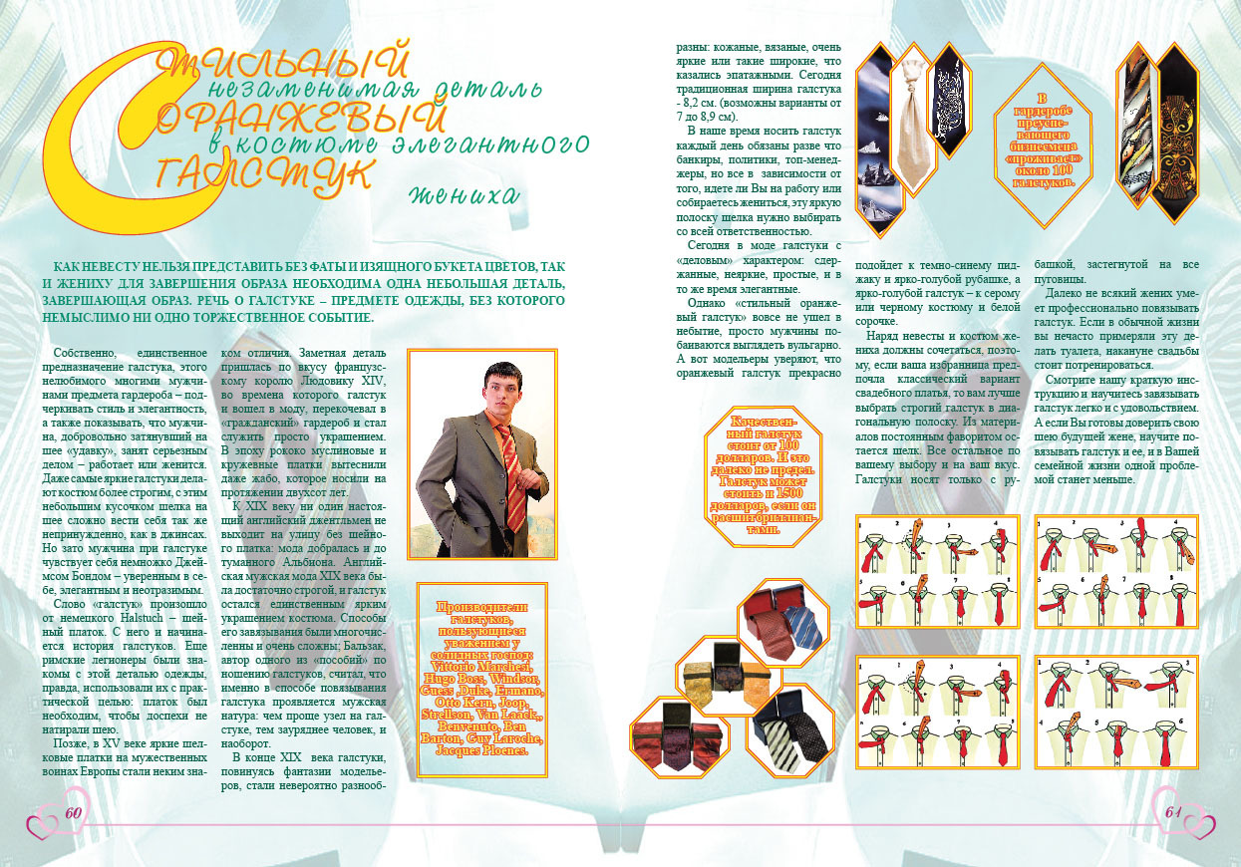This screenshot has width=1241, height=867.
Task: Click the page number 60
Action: click(73, 811)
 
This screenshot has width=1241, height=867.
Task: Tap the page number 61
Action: click(1172, 810)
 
